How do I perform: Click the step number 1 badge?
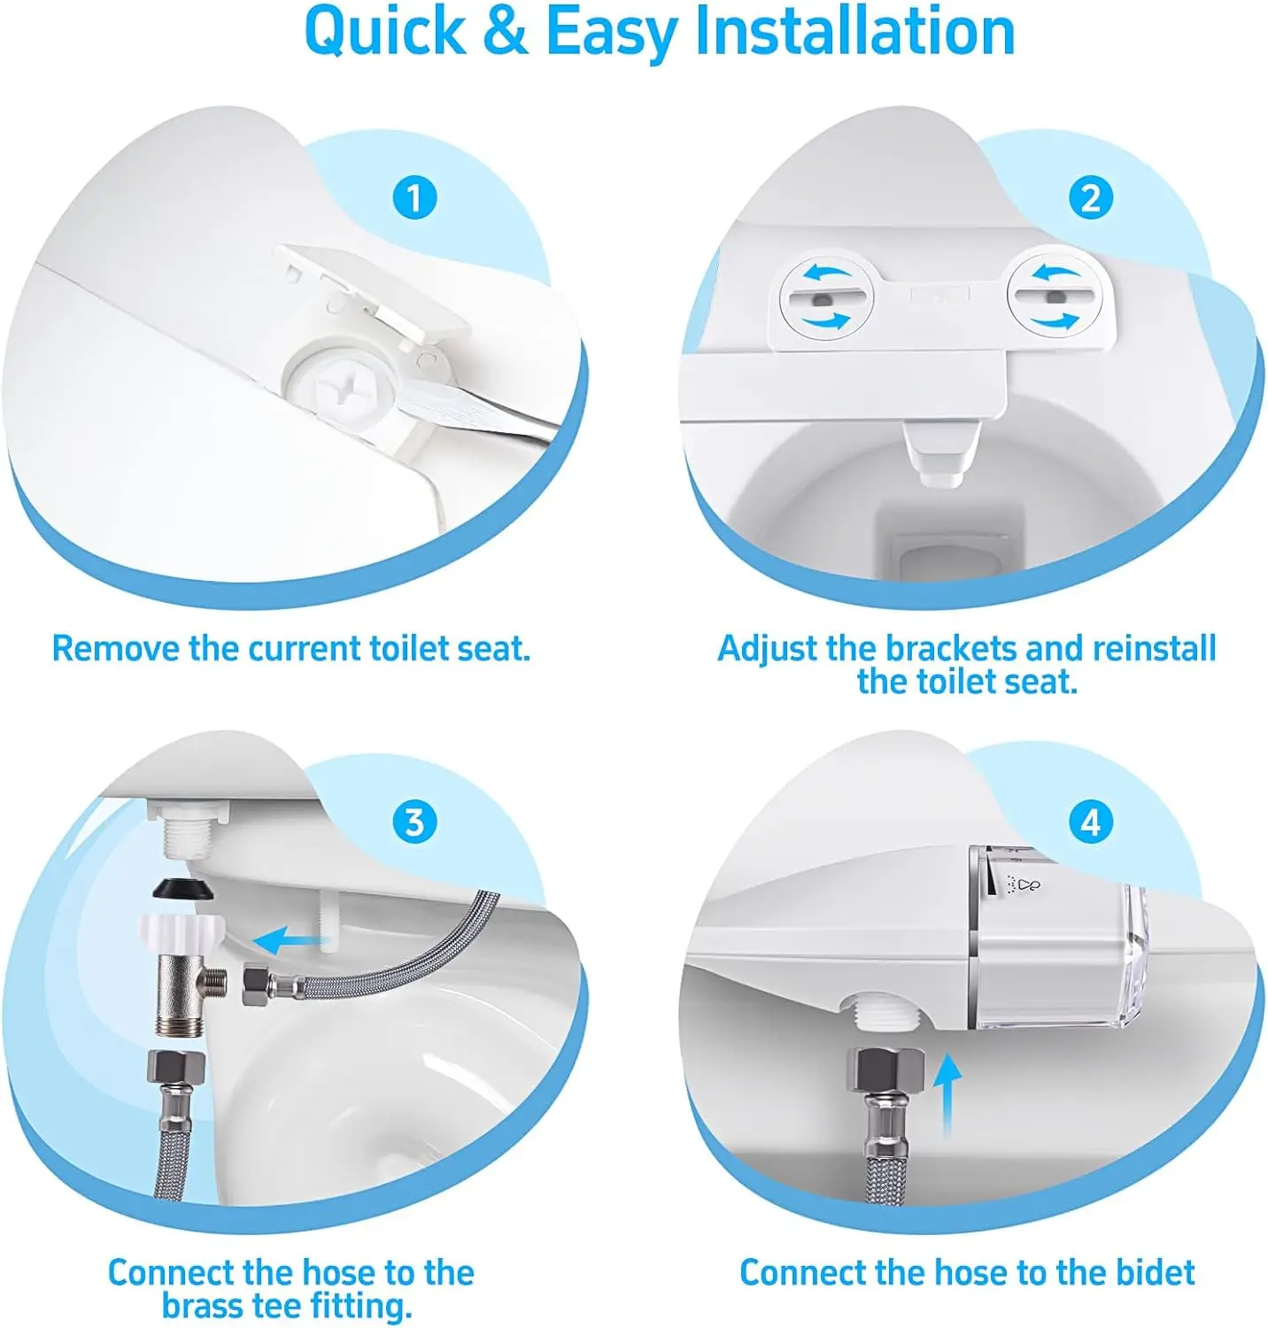pos(414,197)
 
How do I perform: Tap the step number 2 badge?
pos(1090,197)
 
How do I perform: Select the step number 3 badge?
pos(414,822)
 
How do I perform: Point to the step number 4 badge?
pos(1090,822)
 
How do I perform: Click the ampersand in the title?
pos(506,32)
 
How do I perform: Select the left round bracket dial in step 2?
pos(825,296)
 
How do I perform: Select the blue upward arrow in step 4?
pos(947,1095)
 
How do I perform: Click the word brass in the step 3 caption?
pos(203,1305)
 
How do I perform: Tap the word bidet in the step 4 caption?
pos(1155,1272)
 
